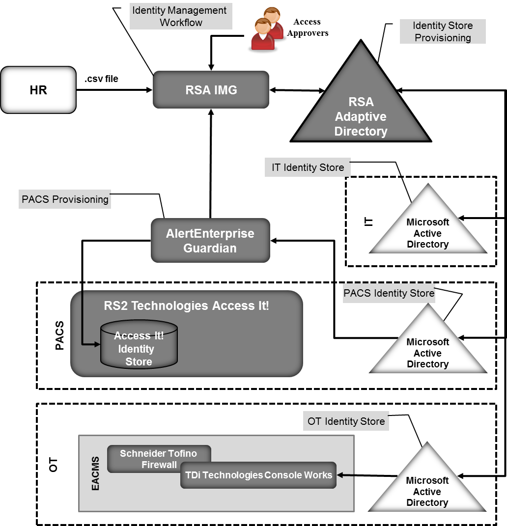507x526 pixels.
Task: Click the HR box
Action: pyautogui.click(x=38, y=90)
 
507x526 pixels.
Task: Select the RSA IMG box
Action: pyautogui.click(x=211, y=89)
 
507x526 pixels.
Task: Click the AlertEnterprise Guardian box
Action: pyautogui.click(x=210, y=240)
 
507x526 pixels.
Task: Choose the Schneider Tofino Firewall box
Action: pyautogui.click(x=159, y=458)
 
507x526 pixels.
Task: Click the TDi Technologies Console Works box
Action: pyautogui.click(x=258, y=475)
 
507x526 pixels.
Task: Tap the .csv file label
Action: pyautogui.click(x=101, y=79)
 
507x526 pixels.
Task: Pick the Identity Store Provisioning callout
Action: pyautogui.click(x=443, y=31)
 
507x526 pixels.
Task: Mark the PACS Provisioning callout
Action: pyautogui.click(x=65, y=199)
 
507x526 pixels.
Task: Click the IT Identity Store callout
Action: pyautogui.click(x=308, y=167)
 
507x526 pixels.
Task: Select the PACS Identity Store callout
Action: pyautogui.click(x=389, y=293)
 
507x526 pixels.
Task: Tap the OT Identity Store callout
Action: pyautogui.click(x=346, y=421)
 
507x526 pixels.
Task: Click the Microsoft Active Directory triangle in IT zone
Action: pyautogui.click(x=427, y=231)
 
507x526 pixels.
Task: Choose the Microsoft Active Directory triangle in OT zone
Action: pyautogui.click(x=427, y=489)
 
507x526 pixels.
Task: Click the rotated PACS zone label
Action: pyautogui.click(x=59, y=336)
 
